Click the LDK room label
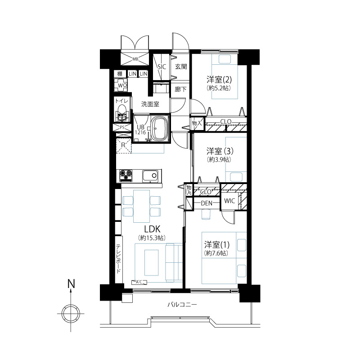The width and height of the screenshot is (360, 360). (152, 229)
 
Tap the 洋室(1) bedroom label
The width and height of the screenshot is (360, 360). (217, 245)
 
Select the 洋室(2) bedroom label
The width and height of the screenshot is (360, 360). (219, 80)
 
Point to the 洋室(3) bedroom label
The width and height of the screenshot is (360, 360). (220, 151)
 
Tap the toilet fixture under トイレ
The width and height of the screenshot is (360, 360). (121, 113)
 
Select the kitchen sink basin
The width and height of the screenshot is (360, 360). (150, 176)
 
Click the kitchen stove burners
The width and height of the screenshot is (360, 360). (126, 175)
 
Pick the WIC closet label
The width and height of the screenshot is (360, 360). (229, 201)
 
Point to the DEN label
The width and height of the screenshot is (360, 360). (207, 203)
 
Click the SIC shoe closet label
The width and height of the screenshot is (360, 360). (162, 67)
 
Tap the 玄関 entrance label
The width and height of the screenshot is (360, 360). (181, 67)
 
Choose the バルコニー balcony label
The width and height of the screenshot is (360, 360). (182, 305)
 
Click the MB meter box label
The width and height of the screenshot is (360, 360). (135, 59)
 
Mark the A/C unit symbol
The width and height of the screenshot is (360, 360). (139, 282)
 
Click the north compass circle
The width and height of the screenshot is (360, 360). (71, 313)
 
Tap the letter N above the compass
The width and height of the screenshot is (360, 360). (71, 284)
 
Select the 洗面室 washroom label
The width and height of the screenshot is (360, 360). (150, 104)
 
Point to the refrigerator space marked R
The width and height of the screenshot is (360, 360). (123, 145)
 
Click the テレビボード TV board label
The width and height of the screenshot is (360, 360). (118, 259)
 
